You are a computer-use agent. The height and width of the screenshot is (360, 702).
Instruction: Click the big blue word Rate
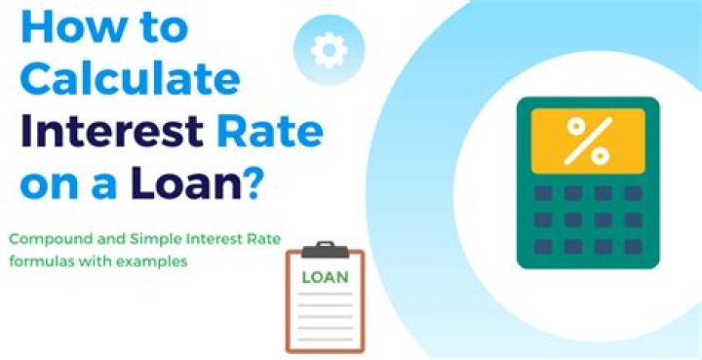coord(278,130)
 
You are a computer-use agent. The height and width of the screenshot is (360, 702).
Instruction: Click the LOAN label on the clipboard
coord(324,276)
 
